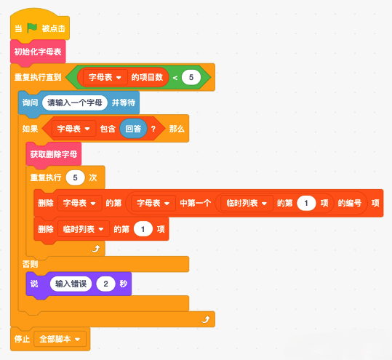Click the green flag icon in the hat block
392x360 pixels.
[32, 28]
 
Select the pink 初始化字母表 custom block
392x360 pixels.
[38, 52]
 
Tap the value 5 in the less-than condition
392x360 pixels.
[191, 77]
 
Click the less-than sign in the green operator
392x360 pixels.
[175, 78]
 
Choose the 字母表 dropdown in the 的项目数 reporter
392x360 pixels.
[105, 77]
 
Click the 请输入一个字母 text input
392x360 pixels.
[75, 103]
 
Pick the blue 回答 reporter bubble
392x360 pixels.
[133, 129]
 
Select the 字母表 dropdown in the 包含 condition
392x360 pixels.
[73, 129]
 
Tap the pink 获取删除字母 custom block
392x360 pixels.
[54, 154]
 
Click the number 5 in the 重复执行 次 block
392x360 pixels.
[75, 177]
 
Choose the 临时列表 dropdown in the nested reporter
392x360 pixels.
[247, 203]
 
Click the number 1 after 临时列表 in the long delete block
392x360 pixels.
[306, 203]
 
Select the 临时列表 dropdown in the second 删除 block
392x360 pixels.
[84, 229]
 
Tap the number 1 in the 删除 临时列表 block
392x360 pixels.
[143, 229]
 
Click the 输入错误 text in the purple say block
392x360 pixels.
[71, 284]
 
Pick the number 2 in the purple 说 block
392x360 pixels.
[105, 284]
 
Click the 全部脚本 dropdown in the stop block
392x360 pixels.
[60, 339]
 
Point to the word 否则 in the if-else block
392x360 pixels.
[30, 264]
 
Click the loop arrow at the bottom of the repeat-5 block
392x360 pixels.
[96, 249]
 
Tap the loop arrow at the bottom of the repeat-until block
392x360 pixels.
[206, 319]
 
